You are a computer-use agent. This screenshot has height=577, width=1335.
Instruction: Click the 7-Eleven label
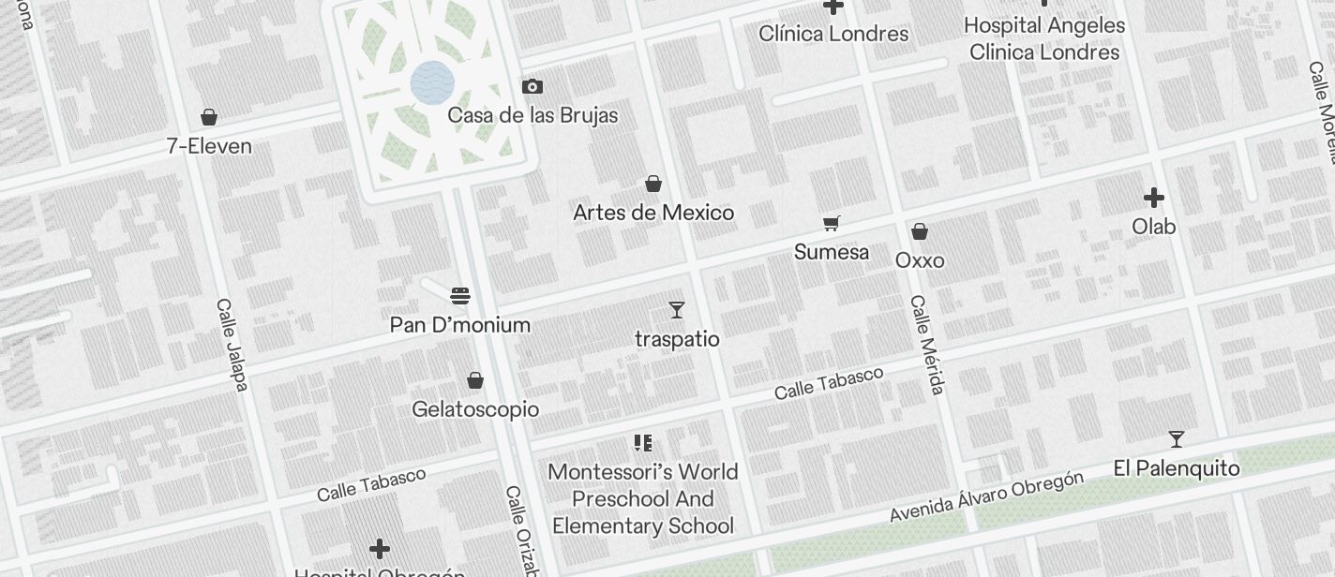click(x=209, y=146)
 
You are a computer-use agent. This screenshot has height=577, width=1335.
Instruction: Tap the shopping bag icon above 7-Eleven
click(x=209, y=117)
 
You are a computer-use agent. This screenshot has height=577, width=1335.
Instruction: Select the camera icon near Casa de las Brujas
click(x=532, y=87)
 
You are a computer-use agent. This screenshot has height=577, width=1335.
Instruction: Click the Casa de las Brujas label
click(x=532, y=115)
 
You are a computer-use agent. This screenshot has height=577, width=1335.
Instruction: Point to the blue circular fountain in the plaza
click(x=432, y=82)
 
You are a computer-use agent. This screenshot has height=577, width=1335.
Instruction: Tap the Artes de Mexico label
click(x=653, y=213)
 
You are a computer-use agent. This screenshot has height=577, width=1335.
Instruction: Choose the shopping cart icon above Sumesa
click(x=831, y=223)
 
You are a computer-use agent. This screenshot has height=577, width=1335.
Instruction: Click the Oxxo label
click(x=920, y=260)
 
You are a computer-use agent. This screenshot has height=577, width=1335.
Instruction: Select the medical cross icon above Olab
click(x=1154, y=198)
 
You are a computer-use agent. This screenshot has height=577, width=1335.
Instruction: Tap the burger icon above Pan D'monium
click(x=459, y=296)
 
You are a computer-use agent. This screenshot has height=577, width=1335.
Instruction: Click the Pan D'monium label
click(x=460, y=325)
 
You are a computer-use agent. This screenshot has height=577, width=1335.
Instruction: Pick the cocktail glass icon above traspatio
click(x=677, y=310)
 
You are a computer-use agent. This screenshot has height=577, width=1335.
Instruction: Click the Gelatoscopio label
click(x=475, y=409)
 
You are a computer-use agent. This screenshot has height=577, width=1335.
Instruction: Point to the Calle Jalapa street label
click(x=232, y=345)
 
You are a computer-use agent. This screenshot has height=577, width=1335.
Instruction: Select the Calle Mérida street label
click(x=926, y=345)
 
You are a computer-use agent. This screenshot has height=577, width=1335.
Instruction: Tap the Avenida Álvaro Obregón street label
click(x=986, y=497)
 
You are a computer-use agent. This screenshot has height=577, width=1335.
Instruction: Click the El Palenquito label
click(x=1177, y=468)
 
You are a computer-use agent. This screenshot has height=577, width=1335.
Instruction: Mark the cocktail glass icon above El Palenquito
click(x=1177, y=439)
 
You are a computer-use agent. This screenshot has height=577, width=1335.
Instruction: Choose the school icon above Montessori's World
click(x=642, y=443)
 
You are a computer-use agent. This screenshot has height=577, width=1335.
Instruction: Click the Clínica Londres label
click(x=833, y=34)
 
